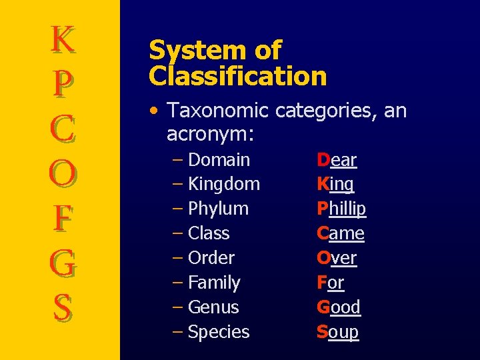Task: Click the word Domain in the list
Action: [x=219, y=160]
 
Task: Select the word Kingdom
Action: [x=224, y=184]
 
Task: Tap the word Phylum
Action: [x=218, y=209]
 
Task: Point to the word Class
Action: [x=209, y=233]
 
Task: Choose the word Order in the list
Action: [x=211, y=258]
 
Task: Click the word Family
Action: [x=214, y=283]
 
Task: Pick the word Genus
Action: [x=213, y=307]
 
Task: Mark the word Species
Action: [x=219, y=332]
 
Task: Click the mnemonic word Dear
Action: [x=337, y=160]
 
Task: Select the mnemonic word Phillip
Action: [x=341, y=209]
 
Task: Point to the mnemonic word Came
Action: [x=341, y=233]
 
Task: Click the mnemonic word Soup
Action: [x=337, y=332]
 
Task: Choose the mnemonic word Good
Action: [x=339, y=307]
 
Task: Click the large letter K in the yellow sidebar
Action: [x=63, y=39]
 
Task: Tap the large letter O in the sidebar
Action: [x=63, y=174]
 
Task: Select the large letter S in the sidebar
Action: [x=63, y=307]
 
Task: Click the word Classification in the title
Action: [x=238, y=76]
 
